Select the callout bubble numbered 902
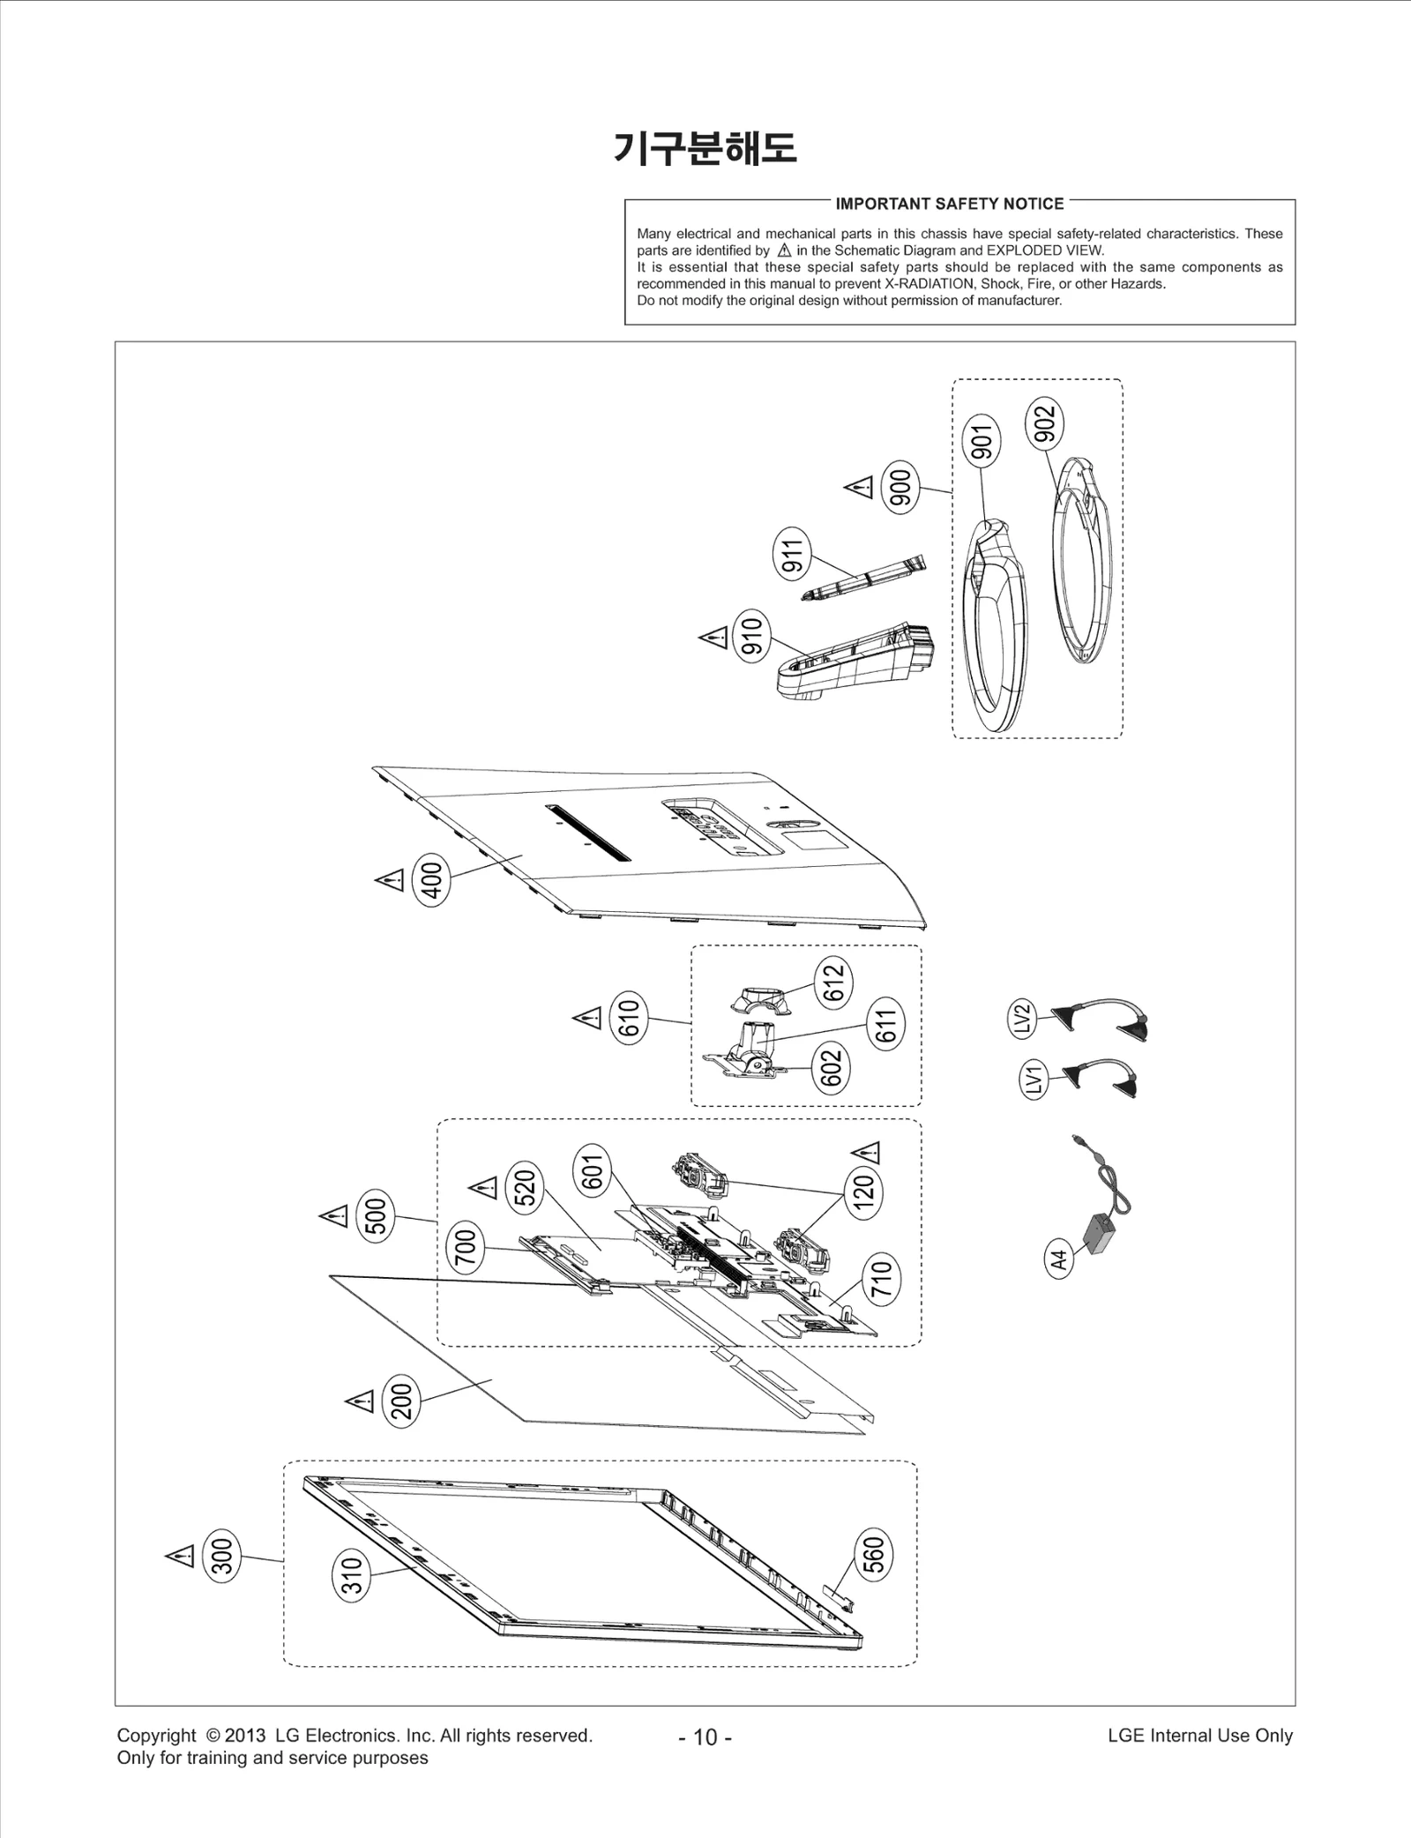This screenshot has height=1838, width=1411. [x=1045, y=422]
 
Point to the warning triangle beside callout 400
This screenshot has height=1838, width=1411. [x=390, y=880]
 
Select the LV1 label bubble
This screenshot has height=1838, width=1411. [x=1034, y=1080]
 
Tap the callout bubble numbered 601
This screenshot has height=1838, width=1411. [x=593, y=1172]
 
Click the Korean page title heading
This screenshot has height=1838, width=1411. [x=705, y=148]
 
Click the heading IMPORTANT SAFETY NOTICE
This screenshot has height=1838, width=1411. [x=950, y=204]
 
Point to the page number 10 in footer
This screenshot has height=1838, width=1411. [x=705, y=1737]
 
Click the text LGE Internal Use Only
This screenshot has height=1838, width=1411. [x=1200, y=1735]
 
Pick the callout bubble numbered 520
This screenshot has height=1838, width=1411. [x=525, y=1187]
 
